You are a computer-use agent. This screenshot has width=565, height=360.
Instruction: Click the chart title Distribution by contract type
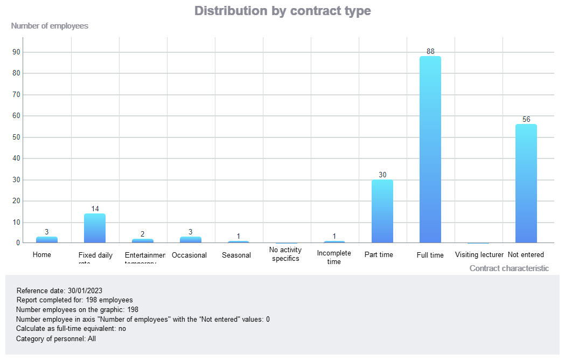point(282,11)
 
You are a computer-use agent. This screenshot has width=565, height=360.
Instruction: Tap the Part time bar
point(382,211)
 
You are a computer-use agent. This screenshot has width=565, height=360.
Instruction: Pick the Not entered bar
point(526,183)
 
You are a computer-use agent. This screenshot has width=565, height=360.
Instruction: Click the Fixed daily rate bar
point(95,228)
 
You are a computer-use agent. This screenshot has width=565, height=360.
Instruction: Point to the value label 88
point(430,52)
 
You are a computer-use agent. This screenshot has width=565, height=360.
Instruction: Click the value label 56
point(526,119)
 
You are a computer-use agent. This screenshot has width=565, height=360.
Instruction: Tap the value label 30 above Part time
point(382,175)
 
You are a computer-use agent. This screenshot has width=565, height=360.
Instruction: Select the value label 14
point(95,209)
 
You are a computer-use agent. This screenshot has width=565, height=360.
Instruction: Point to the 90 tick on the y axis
point(16,52)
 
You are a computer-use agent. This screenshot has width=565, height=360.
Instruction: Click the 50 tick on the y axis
point(16,137)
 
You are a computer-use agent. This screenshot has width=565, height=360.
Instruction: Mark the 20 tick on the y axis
point(16,201)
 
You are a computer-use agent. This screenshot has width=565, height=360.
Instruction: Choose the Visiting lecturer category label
point(479,255)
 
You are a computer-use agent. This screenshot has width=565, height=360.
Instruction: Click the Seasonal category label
point(236,255)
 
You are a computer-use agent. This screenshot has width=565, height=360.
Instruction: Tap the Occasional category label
point(189,255)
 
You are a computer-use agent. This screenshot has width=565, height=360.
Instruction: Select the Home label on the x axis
point(42,254)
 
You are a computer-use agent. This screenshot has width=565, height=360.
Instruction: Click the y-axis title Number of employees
point(50,26)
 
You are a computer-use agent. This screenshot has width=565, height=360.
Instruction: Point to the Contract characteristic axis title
point(509,268)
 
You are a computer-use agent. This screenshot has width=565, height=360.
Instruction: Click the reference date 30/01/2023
point(85,290)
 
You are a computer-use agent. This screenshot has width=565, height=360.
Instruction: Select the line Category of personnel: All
point(56,339)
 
